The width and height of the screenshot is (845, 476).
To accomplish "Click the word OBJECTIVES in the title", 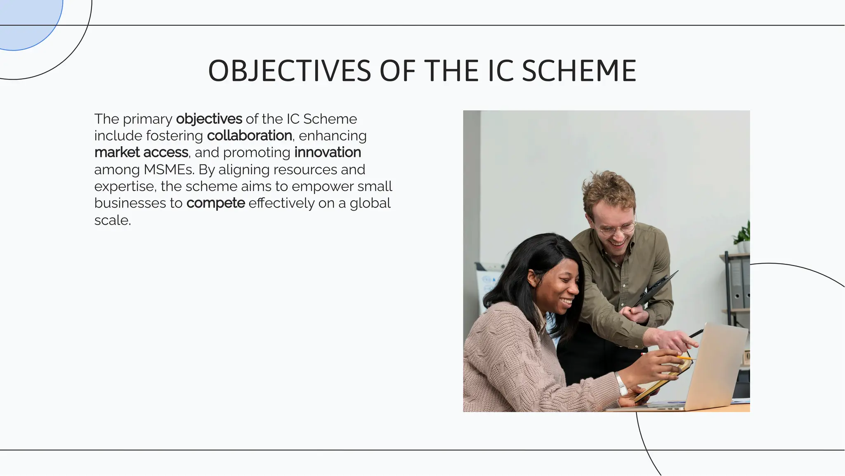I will coord(289,71).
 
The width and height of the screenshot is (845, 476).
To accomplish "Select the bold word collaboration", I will coord(249,135).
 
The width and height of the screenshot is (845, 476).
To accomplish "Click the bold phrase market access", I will coord(141,152).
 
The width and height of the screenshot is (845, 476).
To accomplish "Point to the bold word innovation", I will coord(328,152).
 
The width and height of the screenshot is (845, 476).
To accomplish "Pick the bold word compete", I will coord(215,203).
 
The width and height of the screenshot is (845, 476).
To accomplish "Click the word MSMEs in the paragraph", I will coord(169,169).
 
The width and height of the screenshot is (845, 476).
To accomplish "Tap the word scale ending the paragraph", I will coord(112,220).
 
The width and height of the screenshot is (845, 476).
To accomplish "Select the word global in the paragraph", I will coord(370,203).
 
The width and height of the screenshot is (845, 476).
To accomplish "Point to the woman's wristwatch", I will coord(620,383).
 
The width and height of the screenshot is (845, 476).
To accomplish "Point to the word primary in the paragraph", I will coord(147,119).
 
